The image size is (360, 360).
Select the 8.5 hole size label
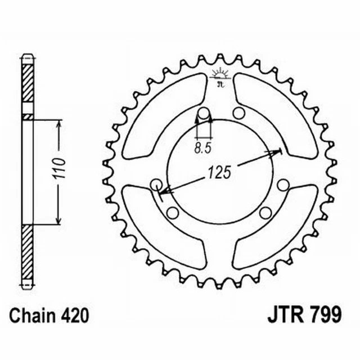pyautogui.click(x=203, y=149)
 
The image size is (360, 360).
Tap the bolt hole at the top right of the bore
pyautogui.click(x=238, y=114)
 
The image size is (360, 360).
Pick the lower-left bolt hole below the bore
pyautogui.click(x=173, y=212)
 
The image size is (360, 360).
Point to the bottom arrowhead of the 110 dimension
pyautogui.click(x=57, y=221)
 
